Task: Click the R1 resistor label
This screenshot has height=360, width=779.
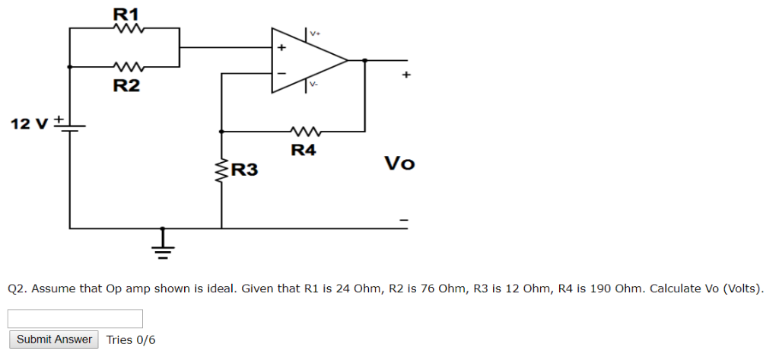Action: coord(126,13)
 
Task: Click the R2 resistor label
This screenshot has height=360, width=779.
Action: coord(126,85)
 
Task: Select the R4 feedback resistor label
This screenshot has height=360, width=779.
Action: coord(304,150)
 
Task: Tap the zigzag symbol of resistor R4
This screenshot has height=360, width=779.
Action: coord(304,131)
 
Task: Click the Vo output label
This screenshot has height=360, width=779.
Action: coord(399,164)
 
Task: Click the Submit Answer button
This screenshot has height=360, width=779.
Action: coord(54,339)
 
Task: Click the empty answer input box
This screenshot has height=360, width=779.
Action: coord(75,319)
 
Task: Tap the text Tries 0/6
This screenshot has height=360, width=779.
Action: coord(131,339)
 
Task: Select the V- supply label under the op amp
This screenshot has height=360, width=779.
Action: coord(313,84)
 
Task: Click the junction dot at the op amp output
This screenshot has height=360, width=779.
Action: coord(366,60)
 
